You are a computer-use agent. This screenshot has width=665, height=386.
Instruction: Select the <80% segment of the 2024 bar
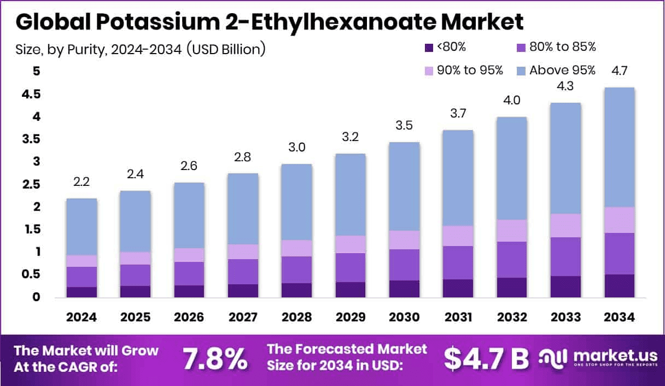(81, 292)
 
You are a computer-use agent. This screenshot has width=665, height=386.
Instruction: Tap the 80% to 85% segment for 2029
(351, 267)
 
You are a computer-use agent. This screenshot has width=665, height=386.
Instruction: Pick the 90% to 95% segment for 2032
(512, 231)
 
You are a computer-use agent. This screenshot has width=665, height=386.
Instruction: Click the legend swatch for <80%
(429, 48)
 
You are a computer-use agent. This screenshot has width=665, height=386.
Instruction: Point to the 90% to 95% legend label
(470, 71)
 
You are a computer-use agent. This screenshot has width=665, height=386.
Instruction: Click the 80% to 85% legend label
(563, 47)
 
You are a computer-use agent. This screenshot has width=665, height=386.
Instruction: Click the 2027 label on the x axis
(243, 318)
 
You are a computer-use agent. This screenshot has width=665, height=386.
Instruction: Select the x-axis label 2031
(458, 318)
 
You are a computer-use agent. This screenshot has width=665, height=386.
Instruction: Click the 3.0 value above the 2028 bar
(297, 148)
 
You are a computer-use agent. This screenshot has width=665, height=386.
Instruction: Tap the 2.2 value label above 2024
(81, 182)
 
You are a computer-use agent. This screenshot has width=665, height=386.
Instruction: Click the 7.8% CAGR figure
(214, 359)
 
